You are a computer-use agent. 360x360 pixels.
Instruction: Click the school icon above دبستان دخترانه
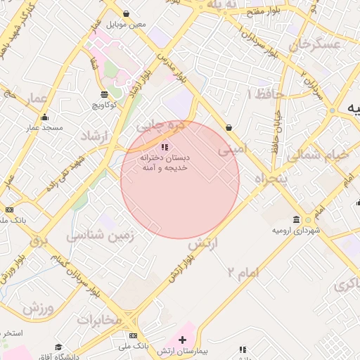[165, 147]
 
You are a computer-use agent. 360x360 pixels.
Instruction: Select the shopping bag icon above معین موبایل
[126, 13]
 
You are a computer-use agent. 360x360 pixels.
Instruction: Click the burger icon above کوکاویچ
[104, 94]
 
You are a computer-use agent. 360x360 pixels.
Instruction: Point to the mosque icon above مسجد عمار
[45, 117]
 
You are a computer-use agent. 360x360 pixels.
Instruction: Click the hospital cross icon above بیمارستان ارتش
[183, 340]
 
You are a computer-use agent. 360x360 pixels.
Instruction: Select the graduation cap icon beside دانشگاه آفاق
[60, 347]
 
